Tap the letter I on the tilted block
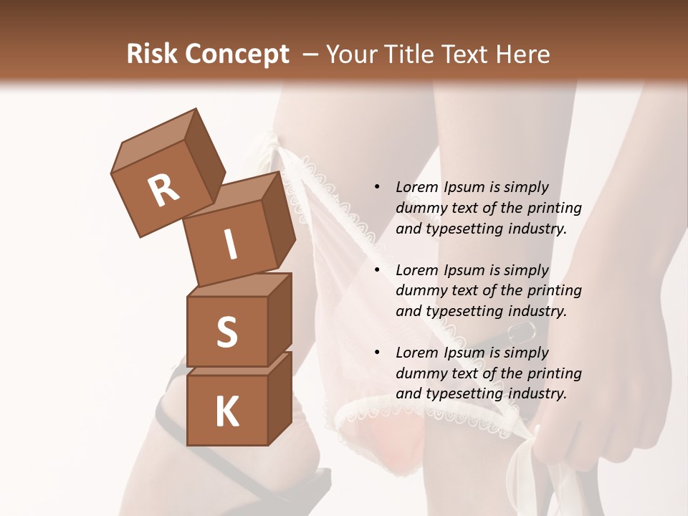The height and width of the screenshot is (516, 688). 231,244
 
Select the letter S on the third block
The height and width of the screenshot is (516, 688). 226,332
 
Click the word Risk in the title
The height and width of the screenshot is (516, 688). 151,54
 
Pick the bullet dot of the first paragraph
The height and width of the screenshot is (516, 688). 377,187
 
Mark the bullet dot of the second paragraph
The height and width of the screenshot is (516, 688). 377,270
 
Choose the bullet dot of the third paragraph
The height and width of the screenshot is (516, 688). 377,353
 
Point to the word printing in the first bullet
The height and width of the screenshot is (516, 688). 556,208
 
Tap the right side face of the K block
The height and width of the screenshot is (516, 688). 279,398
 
